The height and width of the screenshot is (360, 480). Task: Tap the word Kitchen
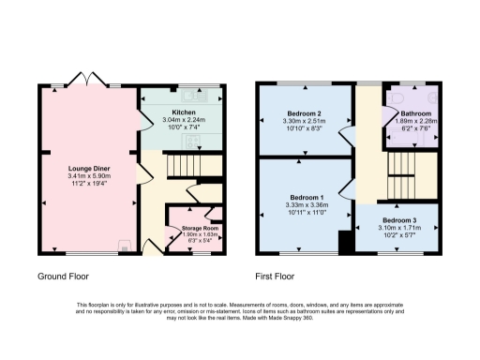183,112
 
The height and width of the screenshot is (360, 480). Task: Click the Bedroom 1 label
305,198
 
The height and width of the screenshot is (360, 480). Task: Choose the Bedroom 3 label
398,220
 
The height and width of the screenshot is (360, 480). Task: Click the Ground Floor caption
64,277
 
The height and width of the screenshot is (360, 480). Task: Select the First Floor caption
276,277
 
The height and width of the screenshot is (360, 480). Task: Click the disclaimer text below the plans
240,312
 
